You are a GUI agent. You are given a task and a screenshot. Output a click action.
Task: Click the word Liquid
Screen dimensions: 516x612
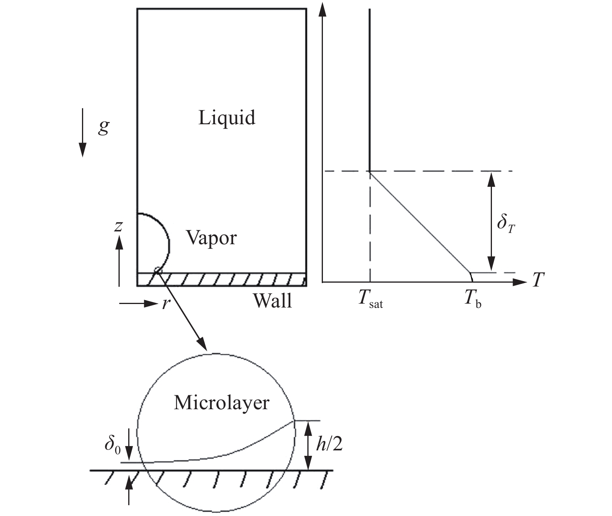pyautogui.click(x=227, y=117)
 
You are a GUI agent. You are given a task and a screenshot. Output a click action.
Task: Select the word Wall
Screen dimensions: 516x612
pyautogui.click(x=272, y=301)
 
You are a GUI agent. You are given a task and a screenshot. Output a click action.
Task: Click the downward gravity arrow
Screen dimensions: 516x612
pyautogui.click(x=82, y=132)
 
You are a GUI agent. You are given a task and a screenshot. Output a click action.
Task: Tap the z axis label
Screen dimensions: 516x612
pyautogui.click(x=118, y=226)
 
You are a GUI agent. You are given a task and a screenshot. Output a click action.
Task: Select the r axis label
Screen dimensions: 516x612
pyautogui.click(x=166, y=304)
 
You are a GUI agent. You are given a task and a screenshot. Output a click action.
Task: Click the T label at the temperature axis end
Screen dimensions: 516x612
pyautogui.click(x=538, y=280)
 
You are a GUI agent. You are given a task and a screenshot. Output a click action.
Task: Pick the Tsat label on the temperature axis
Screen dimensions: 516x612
pyautogui.click(x=370, y=300)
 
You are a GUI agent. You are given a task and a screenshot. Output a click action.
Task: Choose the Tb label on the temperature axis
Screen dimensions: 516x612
pyautogui.click(x=473, y=300)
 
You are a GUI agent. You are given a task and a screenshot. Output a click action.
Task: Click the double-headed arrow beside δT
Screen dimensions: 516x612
pyautogui.click(x=492, y=221)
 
